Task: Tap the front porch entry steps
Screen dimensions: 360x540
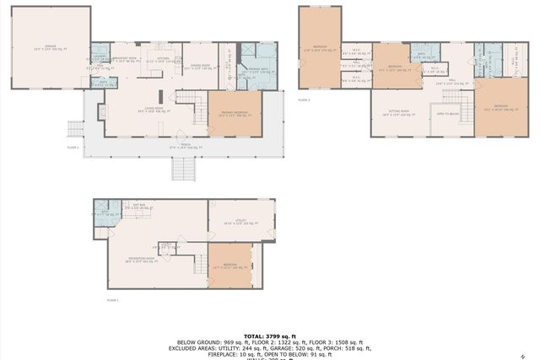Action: coord(183,169)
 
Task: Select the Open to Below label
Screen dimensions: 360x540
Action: coord(446,113)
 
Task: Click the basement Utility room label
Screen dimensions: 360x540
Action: coord(240,223)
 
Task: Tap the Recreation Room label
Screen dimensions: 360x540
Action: coord(139,259)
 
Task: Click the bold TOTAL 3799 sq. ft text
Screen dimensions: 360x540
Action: coord(270,335)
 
